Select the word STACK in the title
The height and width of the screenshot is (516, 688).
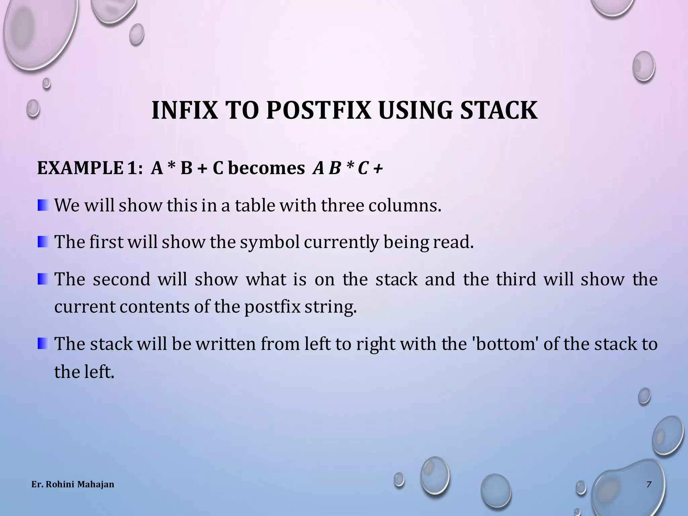499,111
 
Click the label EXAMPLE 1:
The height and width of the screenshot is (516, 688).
90,168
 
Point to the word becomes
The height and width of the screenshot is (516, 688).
266,168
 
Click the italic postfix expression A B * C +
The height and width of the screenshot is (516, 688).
347,168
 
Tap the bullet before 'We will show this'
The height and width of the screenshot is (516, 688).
43,205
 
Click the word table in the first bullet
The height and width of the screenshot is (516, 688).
255,205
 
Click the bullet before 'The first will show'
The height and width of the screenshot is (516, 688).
43,242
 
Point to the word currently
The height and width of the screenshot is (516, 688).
341,242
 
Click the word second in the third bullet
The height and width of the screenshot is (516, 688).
121,279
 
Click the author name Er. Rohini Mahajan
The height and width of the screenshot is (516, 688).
73,484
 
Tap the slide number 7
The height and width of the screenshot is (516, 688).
649,484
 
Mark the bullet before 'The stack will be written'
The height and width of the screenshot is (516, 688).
43,343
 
